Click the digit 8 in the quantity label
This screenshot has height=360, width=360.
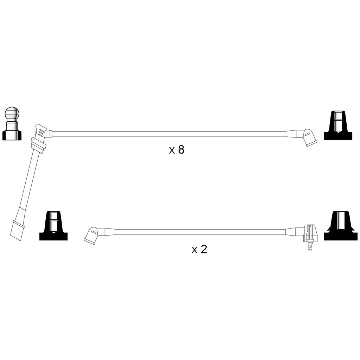point(181,149)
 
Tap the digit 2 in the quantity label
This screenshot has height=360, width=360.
point(204,249)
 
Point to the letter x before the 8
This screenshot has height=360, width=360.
point(172,151)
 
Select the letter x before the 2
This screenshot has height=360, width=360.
point(195,250)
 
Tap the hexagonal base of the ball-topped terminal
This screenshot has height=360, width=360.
point(12,135)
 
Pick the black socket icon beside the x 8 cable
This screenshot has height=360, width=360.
point(338,126)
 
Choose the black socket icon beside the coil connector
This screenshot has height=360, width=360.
point(341,226)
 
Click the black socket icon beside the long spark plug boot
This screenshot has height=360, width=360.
point(53,226)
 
